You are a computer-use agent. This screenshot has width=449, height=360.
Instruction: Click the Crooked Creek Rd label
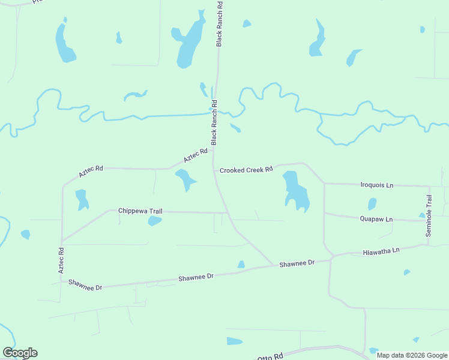pos(246,170)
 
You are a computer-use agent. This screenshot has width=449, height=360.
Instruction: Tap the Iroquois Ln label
pos(376,185)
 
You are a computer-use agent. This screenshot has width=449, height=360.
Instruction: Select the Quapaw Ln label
pos(376,220)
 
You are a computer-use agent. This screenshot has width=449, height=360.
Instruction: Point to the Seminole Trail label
pos(429,216)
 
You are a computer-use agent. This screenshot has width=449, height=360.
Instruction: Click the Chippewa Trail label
pos(140,211)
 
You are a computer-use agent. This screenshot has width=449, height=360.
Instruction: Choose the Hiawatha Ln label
pos(381,252)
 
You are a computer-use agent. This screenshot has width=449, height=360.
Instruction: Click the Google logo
pos(20,353)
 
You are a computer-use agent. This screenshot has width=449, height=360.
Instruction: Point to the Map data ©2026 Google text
pos(412,355)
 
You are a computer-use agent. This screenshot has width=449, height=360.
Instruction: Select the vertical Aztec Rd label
pos(61,260)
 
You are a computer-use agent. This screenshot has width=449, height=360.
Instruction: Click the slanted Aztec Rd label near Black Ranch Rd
pos(196,155)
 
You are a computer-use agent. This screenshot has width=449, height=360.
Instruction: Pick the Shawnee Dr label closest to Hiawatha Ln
pos(297,263)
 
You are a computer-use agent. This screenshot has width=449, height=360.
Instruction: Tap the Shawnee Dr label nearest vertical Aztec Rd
pos(85,285)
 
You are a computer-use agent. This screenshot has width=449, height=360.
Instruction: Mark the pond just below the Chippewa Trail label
pos(154,221)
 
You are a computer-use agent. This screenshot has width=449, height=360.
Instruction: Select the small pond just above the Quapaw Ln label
pos(372,204)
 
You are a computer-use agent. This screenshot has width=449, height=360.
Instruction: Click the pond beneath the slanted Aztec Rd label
pos(185,179)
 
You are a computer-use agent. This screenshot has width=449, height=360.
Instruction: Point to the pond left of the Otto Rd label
pos(234,341)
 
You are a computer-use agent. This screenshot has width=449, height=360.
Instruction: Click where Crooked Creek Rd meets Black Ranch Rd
pos(214,170)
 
